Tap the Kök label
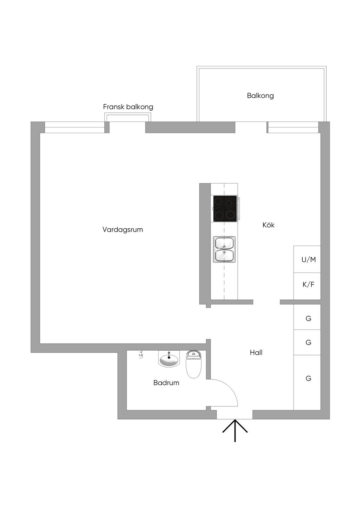coord(268,225)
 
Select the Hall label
coord(256,352)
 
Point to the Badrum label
coord(166,383)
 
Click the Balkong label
coord(260,96)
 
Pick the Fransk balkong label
coord(128,107)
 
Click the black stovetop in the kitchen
coord(225,209)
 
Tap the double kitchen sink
coord(224,249)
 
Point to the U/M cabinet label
coord(308,260)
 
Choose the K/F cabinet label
coord(308,285)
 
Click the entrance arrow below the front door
coord(235,430)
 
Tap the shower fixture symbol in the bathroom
coord(141,355)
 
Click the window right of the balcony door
coord(293,127)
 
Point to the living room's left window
coord(75,127)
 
